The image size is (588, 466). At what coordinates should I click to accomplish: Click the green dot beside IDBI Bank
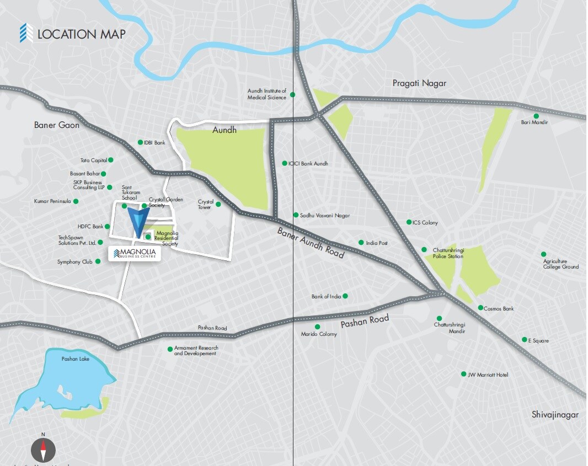pyautogui.click(x=140, y=142)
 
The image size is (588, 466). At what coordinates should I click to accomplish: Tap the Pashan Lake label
pyautogui.click(x=75, y=359)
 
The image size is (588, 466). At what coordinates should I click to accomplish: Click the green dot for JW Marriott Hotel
pyautogui.click(x=464, y=374)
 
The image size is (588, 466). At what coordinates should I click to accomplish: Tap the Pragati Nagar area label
pyautogui.click(x=419, y=83)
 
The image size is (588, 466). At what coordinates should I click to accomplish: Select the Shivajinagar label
pyautogui.click(x=555, y=414)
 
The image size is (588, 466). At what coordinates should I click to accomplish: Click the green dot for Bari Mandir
pyautogui.click(x=536, y=116)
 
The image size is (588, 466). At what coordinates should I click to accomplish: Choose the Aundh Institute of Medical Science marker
pyautogui.click(x=293, y=95)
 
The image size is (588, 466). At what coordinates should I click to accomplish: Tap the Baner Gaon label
pyautogui.click(x=57, y=125)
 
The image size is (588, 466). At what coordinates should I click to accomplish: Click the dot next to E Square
pyautogui.click(x=525, y=340)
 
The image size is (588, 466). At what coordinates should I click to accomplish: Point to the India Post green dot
pyautogui.click(x=361, y=242)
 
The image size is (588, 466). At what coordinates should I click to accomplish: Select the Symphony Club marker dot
pyautogui.click(x=98, y=261)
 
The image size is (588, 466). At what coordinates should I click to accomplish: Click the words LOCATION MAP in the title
pyautogui.click(x=81, y=34)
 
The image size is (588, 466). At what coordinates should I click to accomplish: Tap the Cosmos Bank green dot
pyautogui.click(x=480, y=308)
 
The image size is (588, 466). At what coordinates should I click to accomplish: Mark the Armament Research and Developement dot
pyautogui.click(x=170, y=349)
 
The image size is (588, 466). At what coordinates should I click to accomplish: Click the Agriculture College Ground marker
pyautogui.click(x=543, y=254)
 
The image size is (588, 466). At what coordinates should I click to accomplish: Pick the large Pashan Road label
pyautogui.click(x=365, y=321)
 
